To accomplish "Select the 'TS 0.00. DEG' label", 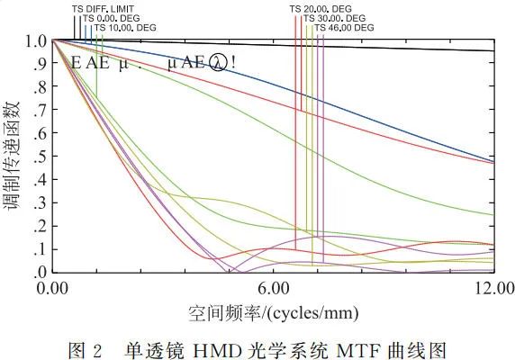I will pos(112,18).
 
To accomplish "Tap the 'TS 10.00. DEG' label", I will pos(125,28).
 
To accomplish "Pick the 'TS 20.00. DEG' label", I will pos(321,8).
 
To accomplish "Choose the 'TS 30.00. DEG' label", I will pos(334,18).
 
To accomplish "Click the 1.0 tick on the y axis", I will pos(37,41).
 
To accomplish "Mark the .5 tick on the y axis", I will pos(41,157).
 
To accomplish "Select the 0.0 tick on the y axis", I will pos(37,272).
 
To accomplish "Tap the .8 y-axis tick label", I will pos(41,87).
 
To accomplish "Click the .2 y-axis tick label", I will pos(41,226).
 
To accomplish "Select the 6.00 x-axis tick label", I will pos(273,288).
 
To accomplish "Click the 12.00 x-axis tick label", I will pos(492,288).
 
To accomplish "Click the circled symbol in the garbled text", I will pos(219,64).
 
